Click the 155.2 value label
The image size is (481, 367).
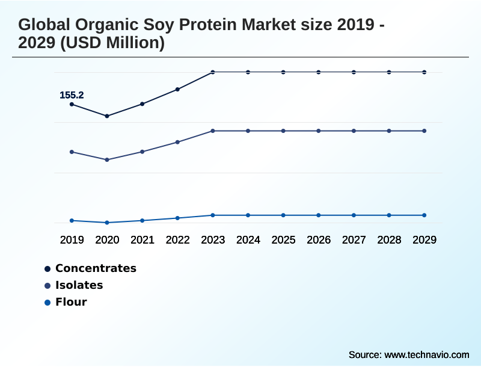(x=72, y=95)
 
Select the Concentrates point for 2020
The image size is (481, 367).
(x=107, y=116)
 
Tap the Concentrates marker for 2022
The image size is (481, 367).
(x=177, y=90)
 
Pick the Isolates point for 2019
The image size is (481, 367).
(x=72, y=152)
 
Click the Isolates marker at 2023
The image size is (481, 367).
(x=213, y=131)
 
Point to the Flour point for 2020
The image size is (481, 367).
(x=107, y=223)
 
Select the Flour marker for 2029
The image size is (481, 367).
(x=424, y=215)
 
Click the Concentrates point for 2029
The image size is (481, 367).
(x=424, y=72)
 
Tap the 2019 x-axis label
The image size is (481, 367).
(x=72, y=239)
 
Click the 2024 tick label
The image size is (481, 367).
(x=248, y=239)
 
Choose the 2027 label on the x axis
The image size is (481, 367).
(x=354, y=239)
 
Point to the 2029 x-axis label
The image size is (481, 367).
(x=424, y=239)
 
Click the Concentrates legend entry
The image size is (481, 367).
(x=96, y=268)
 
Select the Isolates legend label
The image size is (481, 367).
(x=79, y=285)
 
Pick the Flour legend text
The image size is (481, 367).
(x=71, y=302)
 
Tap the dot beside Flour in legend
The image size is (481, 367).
(x=47, y=302)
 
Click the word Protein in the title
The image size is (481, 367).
(x=194, y=25)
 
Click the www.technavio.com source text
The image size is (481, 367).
(x=426, y=354)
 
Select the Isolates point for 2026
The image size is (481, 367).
(x=319, y=131)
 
